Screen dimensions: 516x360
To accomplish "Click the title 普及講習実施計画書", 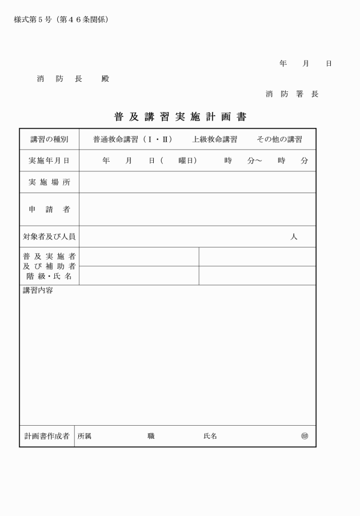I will click(180, 117).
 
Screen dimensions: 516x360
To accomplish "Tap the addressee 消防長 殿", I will click(73, 79).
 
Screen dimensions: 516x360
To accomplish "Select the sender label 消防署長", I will click(292, 94).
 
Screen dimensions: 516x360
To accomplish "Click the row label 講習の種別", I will click(49, 139).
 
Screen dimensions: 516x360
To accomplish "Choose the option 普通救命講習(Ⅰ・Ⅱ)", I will click(133, 139).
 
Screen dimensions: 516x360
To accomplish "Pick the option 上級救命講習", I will click(214, 139).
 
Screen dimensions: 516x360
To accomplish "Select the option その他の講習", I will click(279, 139).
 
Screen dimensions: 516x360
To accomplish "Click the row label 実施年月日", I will click(49, 161).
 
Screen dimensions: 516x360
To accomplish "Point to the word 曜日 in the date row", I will click(187, 161).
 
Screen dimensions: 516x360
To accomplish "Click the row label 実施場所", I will click(49, 182).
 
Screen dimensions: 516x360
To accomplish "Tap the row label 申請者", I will click(49, 209).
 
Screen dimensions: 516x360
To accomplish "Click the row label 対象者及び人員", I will click(49, 237).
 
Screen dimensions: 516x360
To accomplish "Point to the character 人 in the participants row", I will click(294, 237).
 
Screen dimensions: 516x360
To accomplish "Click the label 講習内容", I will click(38, 291).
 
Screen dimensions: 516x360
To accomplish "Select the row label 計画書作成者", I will click(47, 436).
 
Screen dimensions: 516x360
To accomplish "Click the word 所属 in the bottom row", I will click(84, 436).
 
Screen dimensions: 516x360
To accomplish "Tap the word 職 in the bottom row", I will click(151, 436).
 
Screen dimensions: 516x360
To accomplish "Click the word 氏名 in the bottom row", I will click(210, 436).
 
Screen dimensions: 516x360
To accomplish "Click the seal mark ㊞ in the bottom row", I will click(305, 436).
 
